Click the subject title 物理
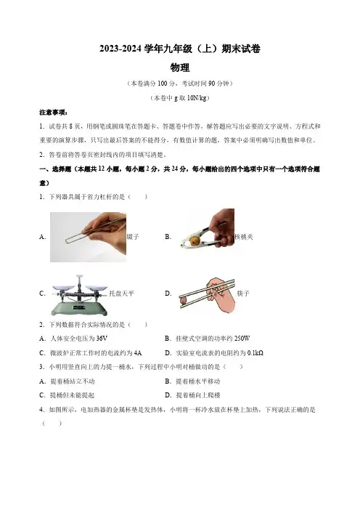click(x=180, y=68)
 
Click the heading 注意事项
click(x=52, y=113)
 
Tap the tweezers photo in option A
click(x=88, y=237)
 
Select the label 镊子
click(x=133, y=237)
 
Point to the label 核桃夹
click(x=244, y=237)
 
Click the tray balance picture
click(x=79, y=296)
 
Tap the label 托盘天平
click(x=121, y=294)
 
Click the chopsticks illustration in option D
click(x=207, y=295)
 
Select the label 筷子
click(x=242, y=294)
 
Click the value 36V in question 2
click(x=102, y=339)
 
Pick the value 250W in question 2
click(x=242, y=339)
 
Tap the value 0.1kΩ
click(x=255, y=353)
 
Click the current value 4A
click(x=138, y=353)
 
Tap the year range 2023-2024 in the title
click(x=121, y=49)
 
